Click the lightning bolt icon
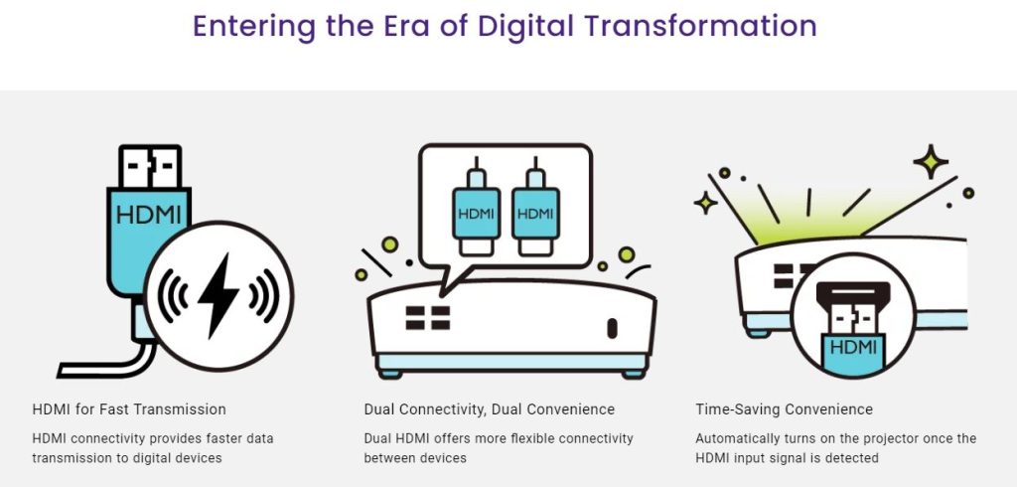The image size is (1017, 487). tap(218, 295)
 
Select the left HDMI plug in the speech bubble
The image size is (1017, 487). tap(476, 206)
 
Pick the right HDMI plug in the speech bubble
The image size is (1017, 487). tap(535, 206)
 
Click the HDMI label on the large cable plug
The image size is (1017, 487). tap(149, 215)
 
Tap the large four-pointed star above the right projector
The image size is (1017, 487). tap(931, 162)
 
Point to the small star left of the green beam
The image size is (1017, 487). tap(706, 203)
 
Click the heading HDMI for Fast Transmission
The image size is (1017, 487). tap(129, 409)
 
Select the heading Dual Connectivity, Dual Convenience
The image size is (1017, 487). tap(489, 409)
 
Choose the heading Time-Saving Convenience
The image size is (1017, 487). tap(785, 409)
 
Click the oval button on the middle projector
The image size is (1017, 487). tap(612, 328)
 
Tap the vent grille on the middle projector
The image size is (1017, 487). tap(428, 317)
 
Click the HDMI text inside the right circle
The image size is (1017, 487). tap(853, 348)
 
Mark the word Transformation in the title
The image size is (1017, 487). tap(700, 26)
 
